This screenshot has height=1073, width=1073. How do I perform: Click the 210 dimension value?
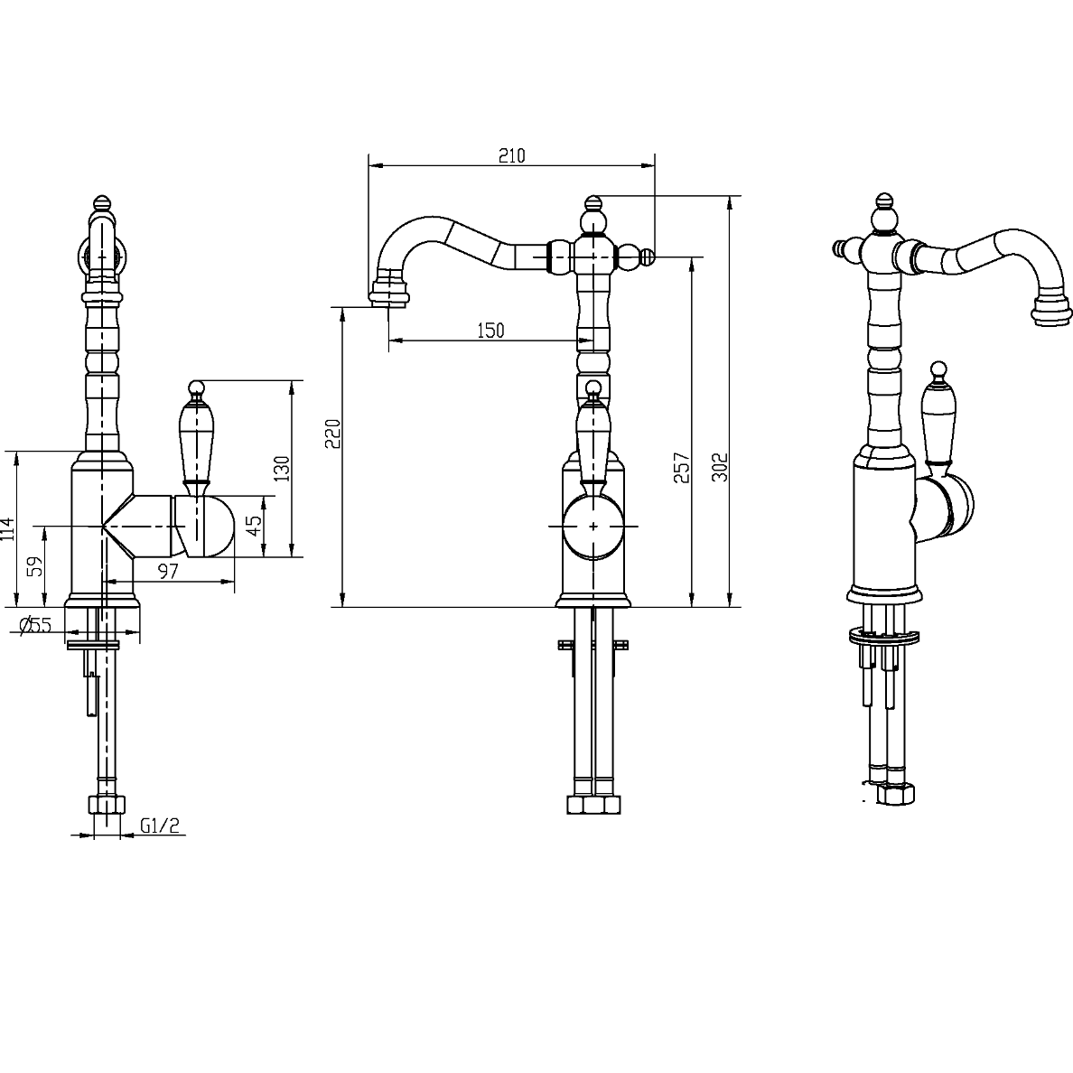512,156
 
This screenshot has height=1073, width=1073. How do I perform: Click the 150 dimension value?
490,331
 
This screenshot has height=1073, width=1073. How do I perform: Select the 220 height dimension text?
332,434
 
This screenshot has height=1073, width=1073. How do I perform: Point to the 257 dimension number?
682,468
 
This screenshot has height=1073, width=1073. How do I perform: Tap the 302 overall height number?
720,467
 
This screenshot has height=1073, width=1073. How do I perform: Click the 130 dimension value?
282,469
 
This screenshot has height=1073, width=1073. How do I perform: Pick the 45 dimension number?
254,526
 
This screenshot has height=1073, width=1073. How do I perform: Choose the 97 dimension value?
168,572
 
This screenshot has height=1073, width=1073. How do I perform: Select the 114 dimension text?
7,529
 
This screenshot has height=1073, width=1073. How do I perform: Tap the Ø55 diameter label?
35,625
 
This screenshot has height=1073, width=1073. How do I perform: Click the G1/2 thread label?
160,826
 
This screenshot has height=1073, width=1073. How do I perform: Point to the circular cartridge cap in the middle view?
593,527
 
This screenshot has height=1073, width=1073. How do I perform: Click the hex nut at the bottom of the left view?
107,805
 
